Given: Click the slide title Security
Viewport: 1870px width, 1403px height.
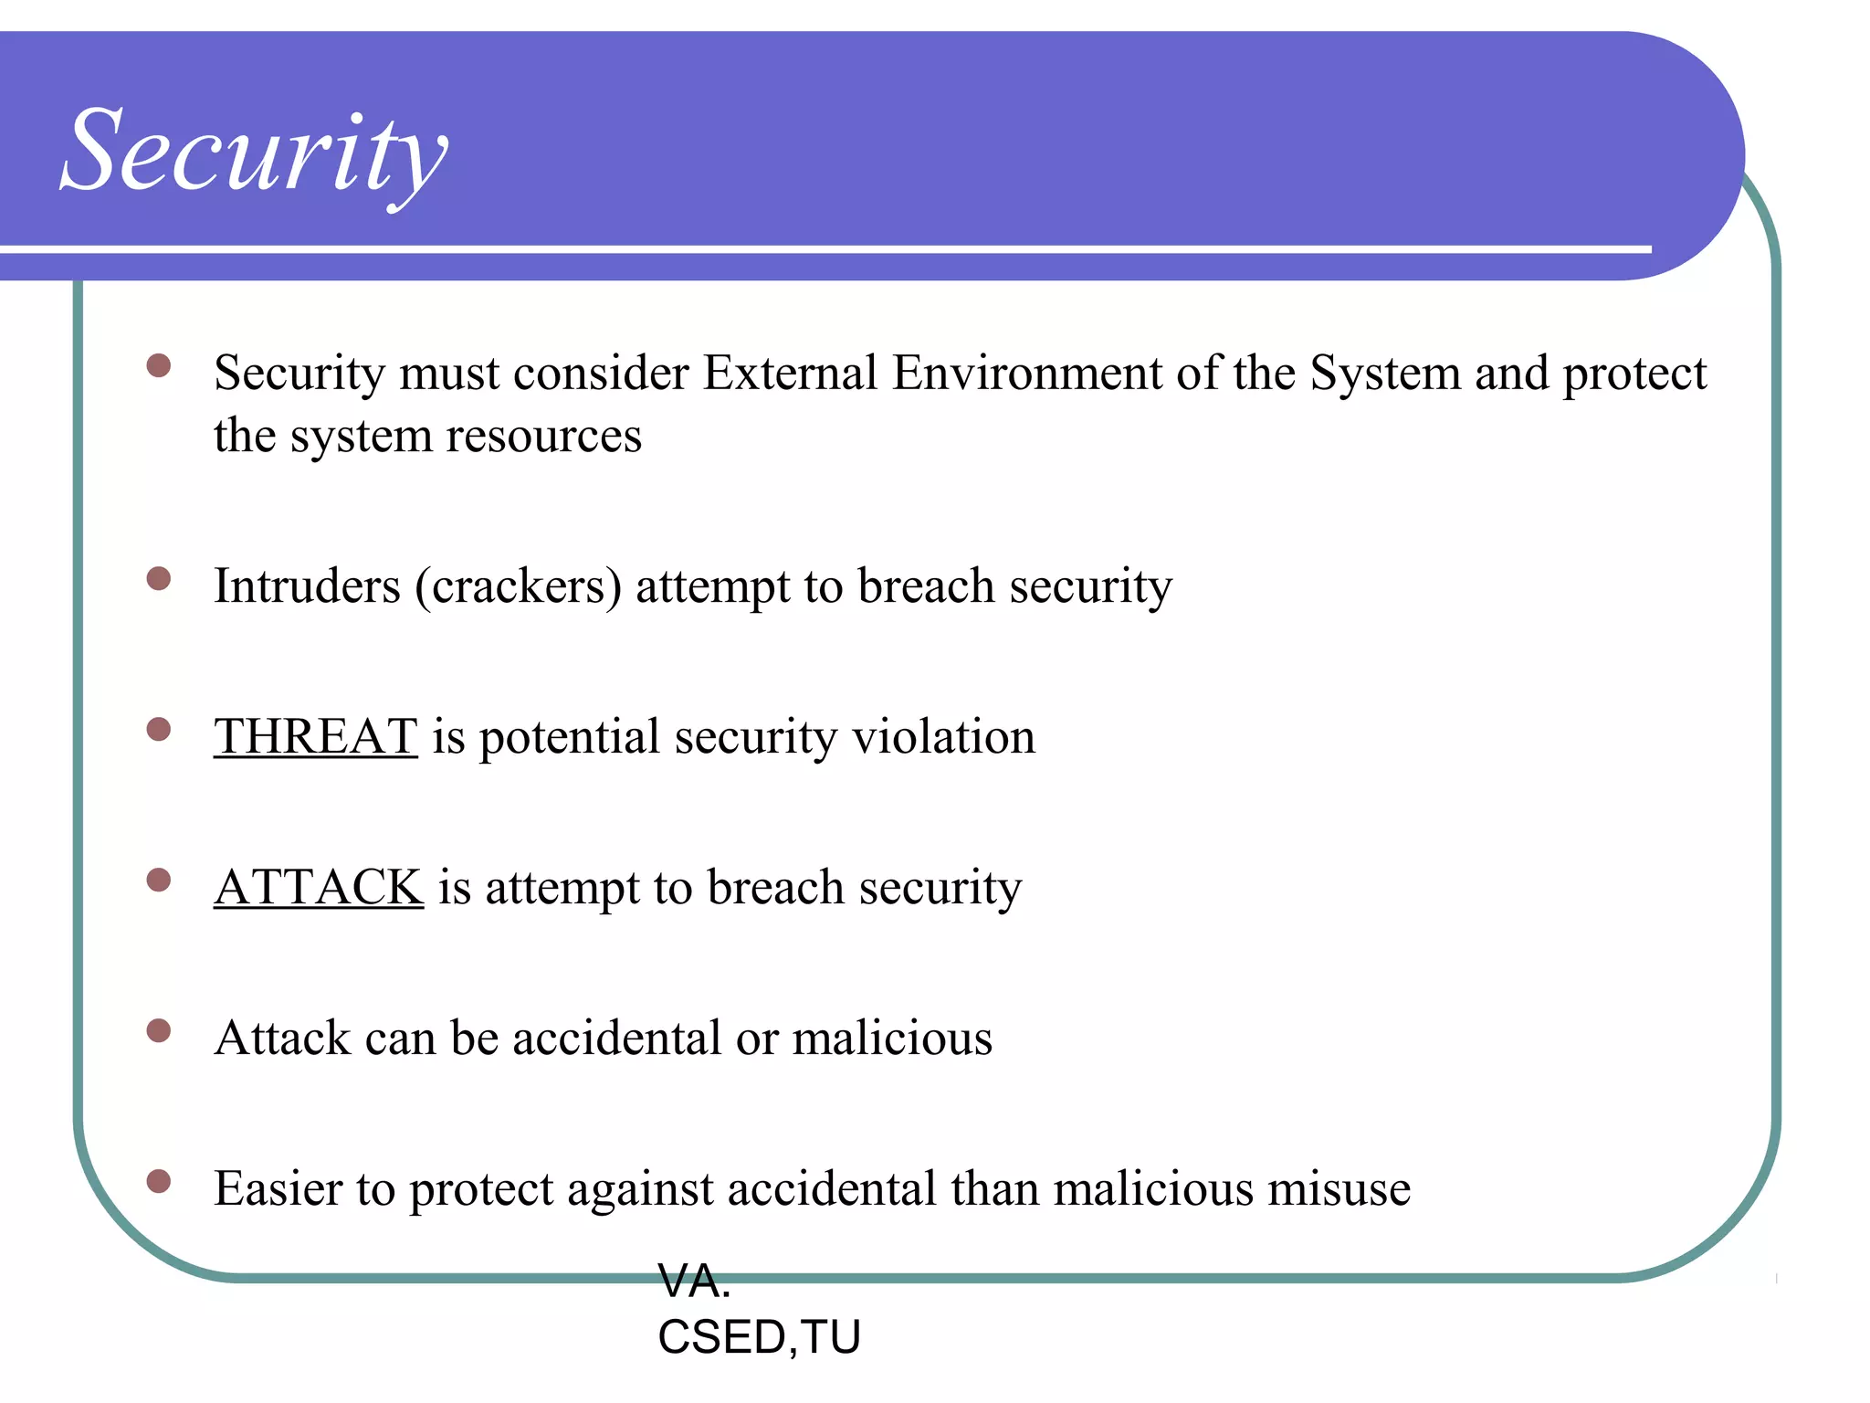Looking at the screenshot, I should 254,151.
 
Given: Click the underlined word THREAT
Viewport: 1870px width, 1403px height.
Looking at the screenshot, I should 316,736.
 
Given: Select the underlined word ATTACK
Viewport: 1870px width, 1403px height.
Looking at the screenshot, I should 319,887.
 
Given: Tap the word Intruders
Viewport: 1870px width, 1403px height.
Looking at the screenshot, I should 307,585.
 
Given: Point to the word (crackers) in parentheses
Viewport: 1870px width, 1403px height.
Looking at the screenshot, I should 518,585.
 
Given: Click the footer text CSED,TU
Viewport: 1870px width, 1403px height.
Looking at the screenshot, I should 759,1337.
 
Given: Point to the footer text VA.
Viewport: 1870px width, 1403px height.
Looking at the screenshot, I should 694,1282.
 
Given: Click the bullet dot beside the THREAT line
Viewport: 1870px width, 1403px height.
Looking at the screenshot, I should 159,729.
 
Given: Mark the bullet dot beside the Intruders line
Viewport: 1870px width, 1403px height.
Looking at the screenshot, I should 159,579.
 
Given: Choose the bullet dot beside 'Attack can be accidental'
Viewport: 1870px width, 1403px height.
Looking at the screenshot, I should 159,1031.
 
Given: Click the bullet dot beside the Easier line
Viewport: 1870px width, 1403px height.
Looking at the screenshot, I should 159,1181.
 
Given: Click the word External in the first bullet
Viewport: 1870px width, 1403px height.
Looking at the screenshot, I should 790,373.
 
